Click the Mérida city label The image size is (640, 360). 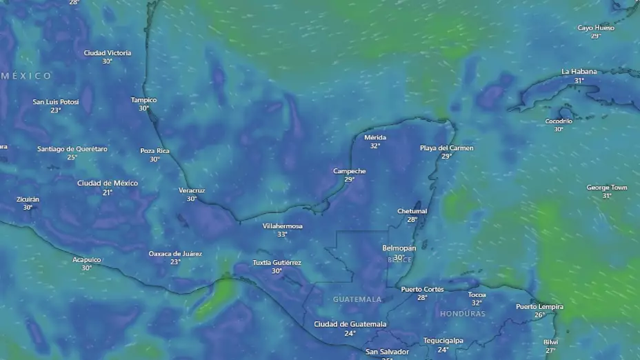[375, 137]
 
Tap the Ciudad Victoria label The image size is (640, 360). [108, 53]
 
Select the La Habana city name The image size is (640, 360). [579, 72]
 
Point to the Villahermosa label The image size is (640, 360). [283, 226]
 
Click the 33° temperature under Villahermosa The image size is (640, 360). [283, 234]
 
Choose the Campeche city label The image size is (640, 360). [350, 171]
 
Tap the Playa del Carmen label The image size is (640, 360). [447, 148]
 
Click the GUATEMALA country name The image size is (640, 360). [357, 299]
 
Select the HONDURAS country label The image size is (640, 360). [463, 314]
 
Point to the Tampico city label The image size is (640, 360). [144, 100]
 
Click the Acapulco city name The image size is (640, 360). [87, 260]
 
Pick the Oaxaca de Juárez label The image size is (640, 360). [176, 254]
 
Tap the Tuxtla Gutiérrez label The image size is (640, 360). [277, 263]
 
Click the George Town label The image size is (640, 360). [607, 188]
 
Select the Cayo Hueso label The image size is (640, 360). [596, 28]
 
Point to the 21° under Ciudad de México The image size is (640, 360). [108, 192]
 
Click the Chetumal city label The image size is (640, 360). [412, 211]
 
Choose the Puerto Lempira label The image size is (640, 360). [540, 307]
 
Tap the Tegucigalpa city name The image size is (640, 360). [443, 341]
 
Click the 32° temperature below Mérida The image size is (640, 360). [375, 146]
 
